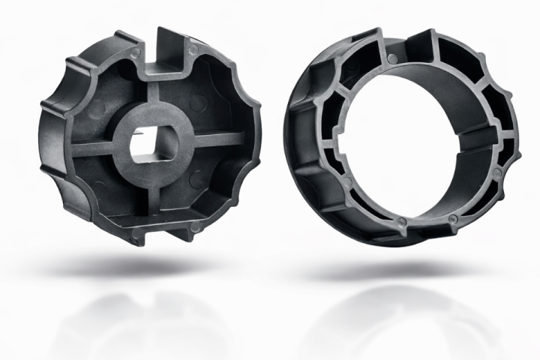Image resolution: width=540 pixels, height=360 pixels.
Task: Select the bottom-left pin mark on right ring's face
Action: [403, 222]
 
